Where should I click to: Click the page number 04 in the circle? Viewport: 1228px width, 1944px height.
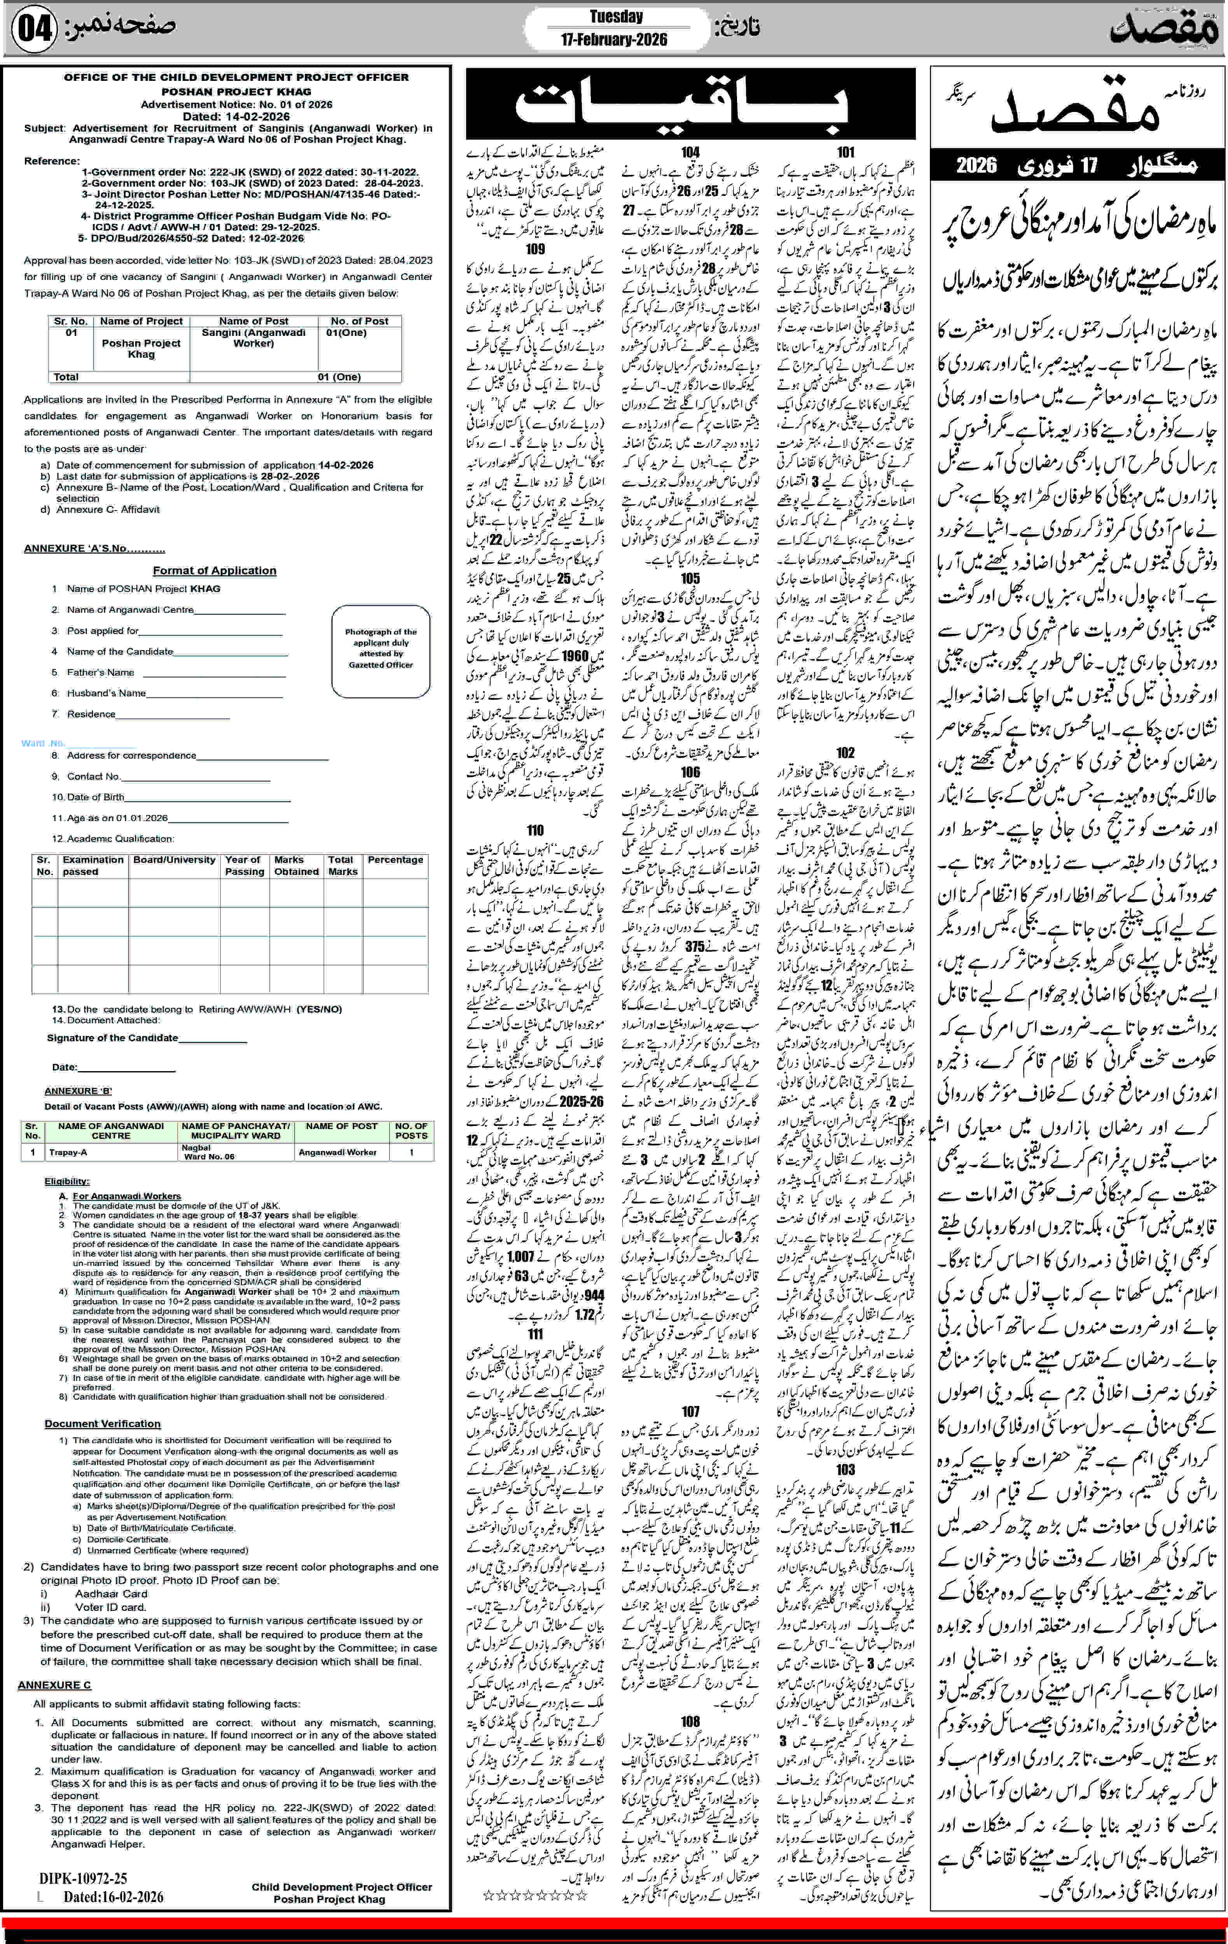[x=34, y=29]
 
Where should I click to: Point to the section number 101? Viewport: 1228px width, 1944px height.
[x=845, y=152]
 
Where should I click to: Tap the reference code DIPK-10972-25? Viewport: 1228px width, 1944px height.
[x=83, y=1879]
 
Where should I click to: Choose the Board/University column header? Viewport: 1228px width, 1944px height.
[x=175, y=860]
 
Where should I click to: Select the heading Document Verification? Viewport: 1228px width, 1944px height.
[x=103, y=1423]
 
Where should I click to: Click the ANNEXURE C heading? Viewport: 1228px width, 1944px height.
[x=54, y=1685]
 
